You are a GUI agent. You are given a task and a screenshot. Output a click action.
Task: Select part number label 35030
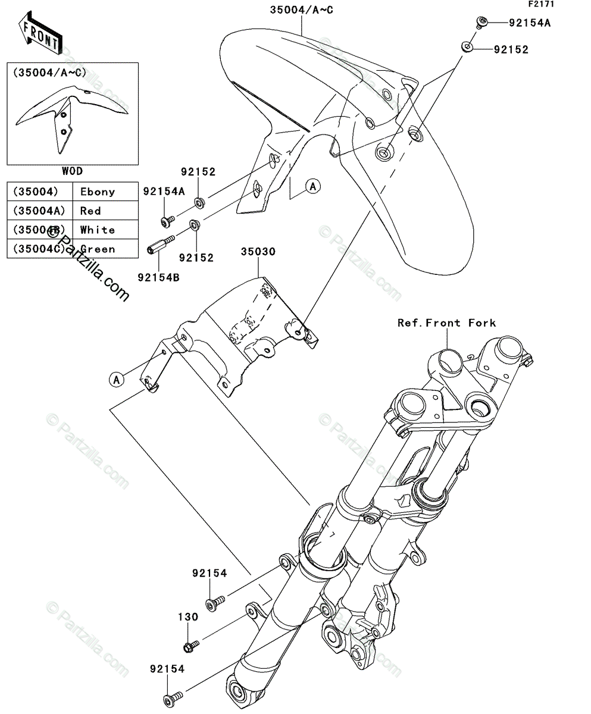pos(258,252)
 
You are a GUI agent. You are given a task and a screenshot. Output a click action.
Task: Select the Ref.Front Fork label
pos(446,323)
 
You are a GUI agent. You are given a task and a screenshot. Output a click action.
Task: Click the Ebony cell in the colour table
pos(98,192)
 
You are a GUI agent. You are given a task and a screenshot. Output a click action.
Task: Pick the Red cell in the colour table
pos(91,211)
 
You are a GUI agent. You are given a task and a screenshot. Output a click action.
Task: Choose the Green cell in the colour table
pos(98,249)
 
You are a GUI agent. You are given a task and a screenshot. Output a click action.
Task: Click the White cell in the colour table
pos(98,230)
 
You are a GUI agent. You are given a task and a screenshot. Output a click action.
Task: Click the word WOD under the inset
pos(72,171)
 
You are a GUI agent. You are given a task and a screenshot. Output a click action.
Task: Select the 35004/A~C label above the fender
pos(301,10)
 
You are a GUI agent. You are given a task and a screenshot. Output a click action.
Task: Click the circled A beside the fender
pos(313,187)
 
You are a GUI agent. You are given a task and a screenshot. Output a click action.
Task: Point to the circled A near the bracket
pos(117,378)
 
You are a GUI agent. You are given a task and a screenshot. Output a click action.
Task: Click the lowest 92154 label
pos(167,669)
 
